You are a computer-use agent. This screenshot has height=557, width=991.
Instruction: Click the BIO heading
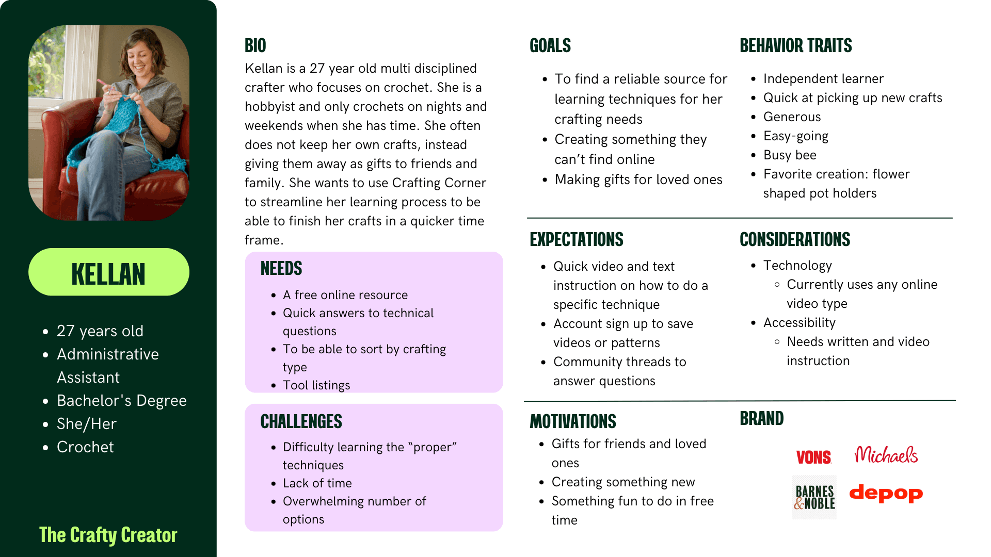[255, 46]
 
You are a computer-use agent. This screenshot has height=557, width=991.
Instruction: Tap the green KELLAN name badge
[108, 272]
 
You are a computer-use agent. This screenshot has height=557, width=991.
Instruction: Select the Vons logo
[813, 457]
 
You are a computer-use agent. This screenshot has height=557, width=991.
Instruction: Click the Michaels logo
[886, 455]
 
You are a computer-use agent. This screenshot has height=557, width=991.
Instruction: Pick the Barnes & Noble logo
[814, 497]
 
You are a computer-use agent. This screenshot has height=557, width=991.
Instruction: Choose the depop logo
[886, 494]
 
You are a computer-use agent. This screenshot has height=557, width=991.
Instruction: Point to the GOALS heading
[550, 46]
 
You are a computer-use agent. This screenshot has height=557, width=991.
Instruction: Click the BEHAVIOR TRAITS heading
[795, 46]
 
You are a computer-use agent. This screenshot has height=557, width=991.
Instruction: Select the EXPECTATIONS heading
[576, 239]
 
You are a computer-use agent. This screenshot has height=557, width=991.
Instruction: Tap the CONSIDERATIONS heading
[794, 239]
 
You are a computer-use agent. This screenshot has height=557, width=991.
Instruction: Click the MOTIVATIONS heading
[572, 421]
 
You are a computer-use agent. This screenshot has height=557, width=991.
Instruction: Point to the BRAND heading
[761, 418]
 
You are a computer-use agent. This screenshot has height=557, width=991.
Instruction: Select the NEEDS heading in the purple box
[281, 268]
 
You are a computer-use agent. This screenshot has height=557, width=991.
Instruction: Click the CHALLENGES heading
[301, 421]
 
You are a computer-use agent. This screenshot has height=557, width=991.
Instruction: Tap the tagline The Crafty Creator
[108, 535]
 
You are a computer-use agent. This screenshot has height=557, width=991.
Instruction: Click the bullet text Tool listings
[316, 385]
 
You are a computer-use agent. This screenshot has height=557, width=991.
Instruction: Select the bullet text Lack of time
[317, 483]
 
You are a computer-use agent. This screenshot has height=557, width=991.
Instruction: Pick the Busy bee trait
[790, 155]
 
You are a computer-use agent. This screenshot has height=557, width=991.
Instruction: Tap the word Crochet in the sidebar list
[85, 447]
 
